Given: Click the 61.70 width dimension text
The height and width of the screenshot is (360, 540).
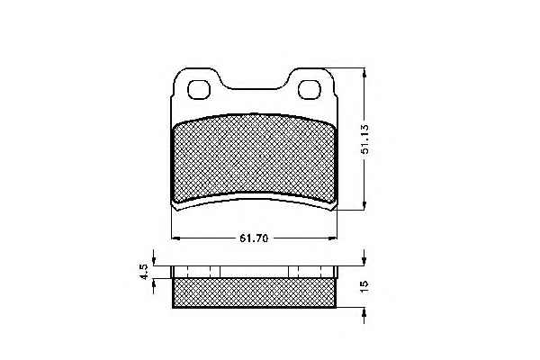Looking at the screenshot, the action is pyautogui.click(x=254, y=238).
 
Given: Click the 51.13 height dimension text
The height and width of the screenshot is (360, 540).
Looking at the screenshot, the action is pyautogui.click(x=365, y=139).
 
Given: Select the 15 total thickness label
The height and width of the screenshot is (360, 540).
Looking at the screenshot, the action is pyautogui.click(x=364, y=286).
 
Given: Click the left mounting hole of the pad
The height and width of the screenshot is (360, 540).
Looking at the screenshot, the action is pyautogui.click(x=199, y=90).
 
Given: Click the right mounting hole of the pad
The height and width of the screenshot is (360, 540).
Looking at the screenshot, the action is pyautogui.click(x=310, y=90).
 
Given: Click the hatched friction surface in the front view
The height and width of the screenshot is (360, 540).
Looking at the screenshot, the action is pyautogui.click(x=255, y=157).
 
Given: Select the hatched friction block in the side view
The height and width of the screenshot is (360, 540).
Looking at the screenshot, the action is pyautogui.click(x=254, y=292).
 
